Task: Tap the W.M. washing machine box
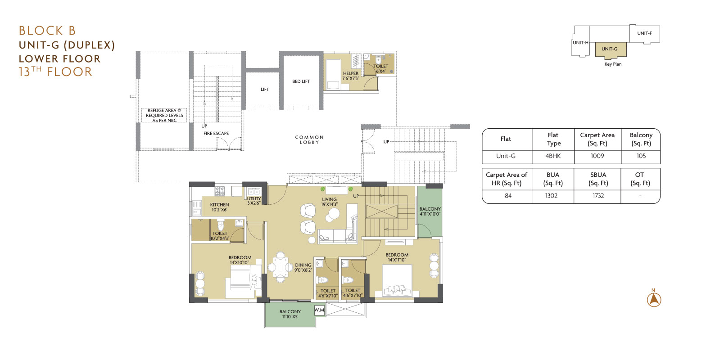[x=319, y=310]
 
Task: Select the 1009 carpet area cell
[x=597, y=156]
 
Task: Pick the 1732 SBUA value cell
[x=597, y=196]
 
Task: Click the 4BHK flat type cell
[x=553, y=156]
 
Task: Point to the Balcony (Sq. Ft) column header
[x=641, y=139]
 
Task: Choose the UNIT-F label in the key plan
[x=645, y=33]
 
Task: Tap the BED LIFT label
[x=301, y=81]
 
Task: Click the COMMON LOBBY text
[x=309, y=140]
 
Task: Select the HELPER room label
[x=351, y=73]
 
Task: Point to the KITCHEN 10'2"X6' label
[x=219, y=207]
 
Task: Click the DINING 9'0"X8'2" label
[x=303, y=267]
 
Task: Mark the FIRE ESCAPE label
[x=216, y=134]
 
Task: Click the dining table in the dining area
[x=280, y=267]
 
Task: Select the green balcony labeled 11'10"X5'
[x=290, y=315]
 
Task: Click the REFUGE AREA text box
[x=164, y=115]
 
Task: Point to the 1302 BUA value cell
[x=552, y=196]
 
